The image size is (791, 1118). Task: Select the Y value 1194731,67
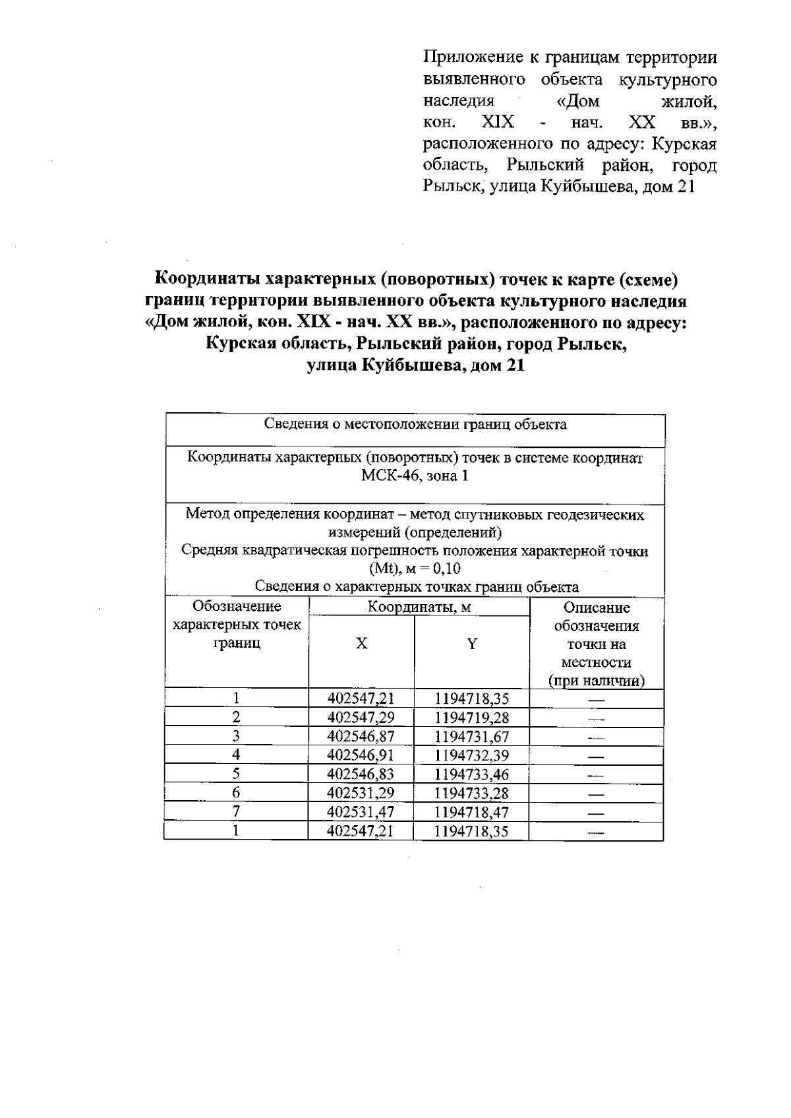coord(472,737)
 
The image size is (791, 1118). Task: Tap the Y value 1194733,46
coord(472,774)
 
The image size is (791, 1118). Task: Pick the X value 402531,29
coord(361,793)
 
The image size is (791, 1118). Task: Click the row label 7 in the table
coord(236,812)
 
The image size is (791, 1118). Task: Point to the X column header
coord(361,644)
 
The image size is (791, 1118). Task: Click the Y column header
coord(472,644)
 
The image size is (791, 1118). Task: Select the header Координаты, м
coord(419,607)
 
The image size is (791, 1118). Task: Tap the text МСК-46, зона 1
coord(415,476)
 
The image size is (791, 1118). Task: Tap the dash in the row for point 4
coord(596,756)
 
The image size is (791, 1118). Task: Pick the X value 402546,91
coord(361,755)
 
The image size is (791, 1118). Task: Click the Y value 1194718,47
coord(472,812)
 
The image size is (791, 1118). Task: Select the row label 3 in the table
coord(236,737)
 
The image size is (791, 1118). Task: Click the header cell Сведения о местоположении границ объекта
coord(415,424)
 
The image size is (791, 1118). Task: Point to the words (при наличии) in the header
coord(597,681)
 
